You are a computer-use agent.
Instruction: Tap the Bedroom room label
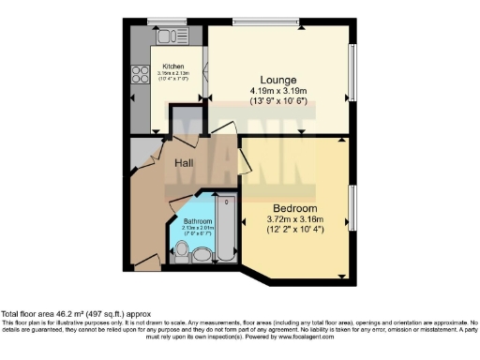pos(295,207)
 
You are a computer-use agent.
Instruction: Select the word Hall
pos(185,164)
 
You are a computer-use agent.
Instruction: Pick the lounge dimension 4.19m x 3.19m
pos(278,91)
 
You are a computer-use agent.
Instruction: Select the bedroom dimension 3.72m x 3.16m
pos(295,218)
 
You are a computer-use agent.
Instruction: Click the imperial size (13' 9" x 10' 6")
pos(278,101)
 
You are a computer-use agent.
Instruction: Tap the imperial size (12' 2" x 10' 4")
pos(295,229)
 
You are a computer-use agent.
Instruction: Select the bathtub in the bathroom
pos(224,230)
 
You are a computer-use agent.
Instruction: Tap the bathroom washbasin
pos(181,250)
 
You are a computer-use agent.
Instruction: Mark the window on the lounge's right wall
pos(354,72)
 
